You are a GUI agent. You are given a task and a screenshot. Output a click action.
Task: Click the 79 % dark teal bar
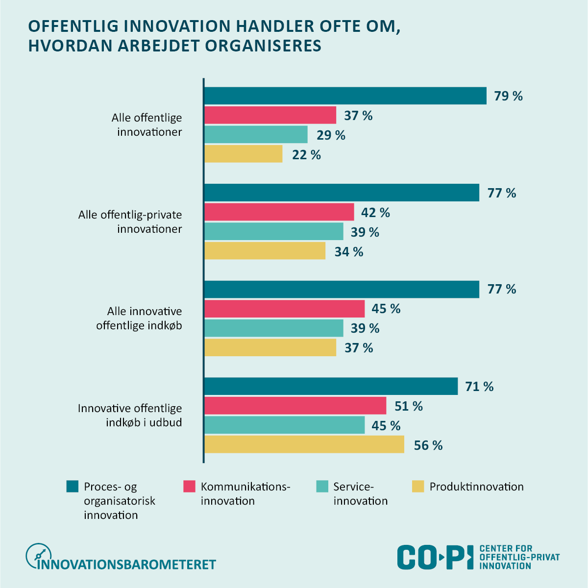pyautogui.click(x=345, y=96)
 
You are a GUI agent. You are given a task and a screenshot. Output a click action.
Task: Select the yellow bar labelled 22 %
pyautogui.click(x=243, y=154)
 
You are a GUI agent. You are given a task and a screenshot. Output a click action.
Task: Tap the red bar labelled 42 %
pyautogui.click(x=279, y=212)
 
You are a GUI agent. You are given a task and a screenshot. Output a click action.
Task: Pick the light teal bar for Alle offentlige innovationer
pyautogui.click(x=256, y=135)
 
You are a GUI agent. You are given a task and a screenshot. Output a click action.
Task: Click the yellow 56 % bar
pyautogui.click(x=304, y=445)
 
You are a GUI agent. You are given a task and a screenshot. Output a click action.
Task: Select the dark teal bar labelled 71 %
pyautogui.click(x=331, y=386)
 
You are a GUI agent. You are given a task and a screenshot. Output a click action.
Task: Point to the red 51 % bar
pyautogui.click(x=295, y=406)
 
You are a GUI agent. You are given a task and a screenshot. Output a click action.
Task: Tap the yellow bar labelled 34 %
pyautogui.click(x=265, y=251)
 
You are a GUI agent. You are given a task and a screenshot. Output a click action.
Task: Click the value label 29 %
pyautogui.click(x=331, y=135)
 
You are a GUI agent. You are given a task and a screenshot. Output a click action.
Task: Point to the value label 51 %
pyautogui.click(x=408, y=406)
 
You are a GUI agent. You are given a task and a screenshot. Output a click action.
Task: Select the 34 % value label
pyautogui.click(x=349, y=252)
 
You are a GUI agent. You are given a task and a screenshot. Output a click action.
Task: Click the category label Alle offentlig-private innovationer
pyautogui.click(x=130, y=222)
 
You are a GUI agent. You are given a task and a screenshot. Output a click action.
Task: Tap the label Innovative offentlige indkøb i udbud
pyautogui.click(x=130, y=416)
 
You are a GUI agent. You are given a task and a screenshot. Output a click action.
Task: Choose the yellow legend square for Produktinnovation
pyautogui.click(x=417, y=487)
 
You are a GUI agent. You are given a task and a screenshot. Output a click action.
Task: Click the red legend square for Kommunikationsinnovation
pyautogui.click(x=189, y=487)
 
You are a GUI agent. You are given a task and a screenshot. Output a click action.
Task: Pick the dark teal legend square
pyautogui.click(x=73, y=487)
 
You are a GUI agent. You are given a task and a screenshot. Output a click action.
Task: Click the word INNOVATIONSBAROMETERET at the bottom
pyautogui.click(x=127, y=564)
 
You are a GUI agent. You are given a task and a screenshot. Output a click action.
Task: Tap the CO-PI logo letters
pyautogui.click(x=435, y=557)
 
